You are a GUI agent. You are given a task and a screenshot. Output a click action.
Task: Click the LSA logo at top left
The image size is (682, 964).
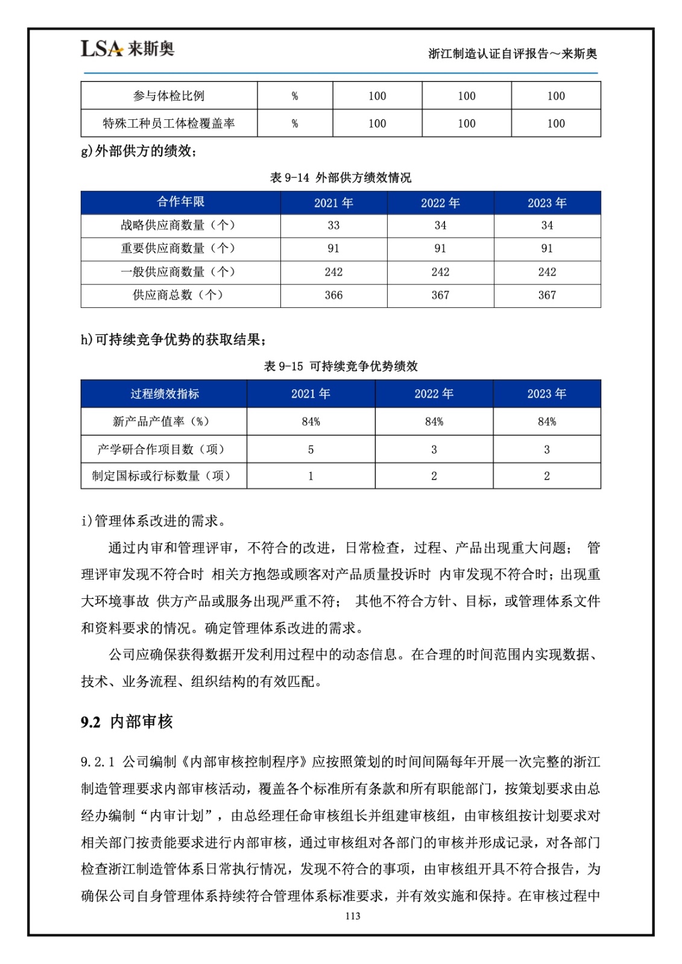tap(127, 49)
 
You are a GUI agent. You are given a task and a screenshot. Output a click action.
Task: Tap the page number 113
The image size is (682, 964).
tap(353, 916)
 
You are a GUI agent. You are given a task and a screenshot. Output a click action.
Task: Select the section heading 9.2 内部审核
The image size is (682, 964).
tap(127, 722)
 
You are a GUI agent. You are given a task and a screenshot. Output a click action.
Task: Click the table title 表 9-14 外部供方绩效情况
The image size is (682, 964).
tap(341, 178)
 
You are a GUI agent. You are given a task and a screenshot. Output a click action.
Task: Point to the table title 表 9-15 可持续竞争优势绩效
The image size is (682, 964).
tap(341, 366)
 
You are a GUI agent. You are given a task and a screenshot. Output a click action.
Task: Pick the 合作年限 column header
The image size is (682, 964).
tap(180, 202)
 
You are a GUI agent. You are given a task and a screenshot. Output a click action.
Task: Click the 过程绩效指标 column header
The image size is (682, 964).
tap(165, 394)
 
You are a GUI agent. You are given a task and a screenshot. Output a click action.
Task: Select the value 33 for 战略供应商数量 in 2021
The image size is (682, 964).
tap(333, 225)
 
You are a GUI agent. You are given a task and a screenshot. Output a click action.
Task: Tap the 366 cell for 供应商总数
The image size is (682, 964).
tap(333, 295)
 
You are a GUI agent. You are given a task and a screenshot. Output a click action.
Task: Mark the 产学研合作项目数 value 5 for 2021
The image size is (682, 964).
tap(311, 449)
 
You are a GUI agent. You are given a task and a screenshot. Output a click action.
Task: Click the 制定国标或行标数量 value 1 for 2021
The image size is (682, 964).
tap(311, 476)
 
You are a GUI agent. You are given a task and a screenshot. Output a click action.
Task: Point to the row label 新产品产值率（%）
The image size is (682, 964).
tap(161, 422)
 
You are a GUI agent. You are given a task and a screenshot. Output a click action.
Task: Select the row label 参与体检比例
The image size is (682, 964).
tap(169, 96)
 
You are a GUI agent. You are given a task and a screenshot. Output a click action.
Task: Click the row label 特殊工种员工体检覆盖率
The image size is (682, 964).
tap(169, 124)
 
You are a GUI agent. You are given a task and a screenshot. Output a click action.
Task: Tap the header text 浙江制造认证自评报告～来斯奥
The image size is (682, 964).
tap(513, 54)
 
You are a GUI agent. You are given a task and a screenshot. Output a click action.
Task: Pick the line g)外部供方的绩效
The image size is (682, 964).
tap(139, 151)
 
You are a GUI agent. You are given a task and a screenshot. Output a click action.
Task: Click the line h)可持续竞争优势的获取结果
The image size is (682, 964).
tap(174, 340)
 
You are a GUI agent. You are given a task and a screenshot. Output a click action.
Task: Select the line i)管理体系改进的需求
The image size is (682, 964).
tap(154, 521)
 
